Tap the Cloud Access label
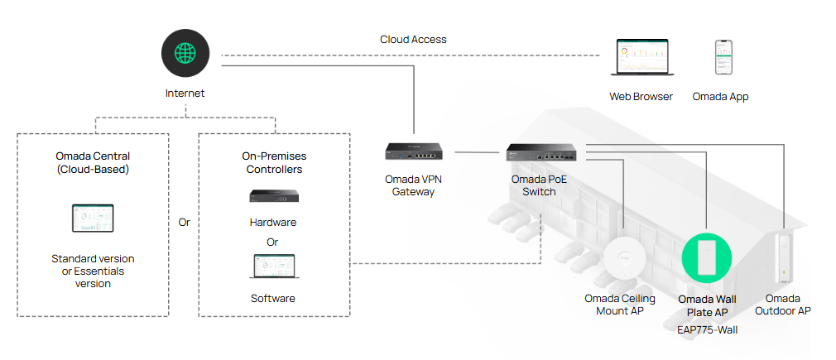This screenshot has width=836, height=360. click(413, 39)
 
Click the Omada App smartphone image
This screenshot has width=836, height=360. click(723, 58)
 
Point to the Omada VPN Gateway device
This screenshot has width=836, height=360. click(413, 151)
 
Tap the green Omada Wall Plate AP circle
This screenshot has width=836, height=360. click(706, 258)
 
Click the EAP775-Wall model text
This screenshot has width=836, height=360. click(706, 330)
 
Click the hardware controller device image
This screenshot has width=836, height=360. click(273, 197)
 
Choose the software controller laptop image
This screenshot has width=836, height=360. click(273, 267)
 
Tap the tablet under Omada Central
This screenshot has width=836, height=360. click(93, 218)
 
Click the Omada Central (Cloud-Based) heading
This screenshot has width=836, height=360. click(93, 162)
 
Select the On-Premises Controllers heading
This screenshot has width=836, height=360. click(272, 162)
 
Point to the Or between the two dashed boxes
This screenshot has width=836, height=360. click(184, 223)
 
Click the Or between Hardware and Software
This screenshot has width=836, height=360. click(272, 242)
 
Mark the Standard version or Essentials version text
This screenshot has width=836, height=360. click(93, 271)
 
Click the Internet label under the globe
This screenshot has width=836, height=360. click(185, 94)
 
